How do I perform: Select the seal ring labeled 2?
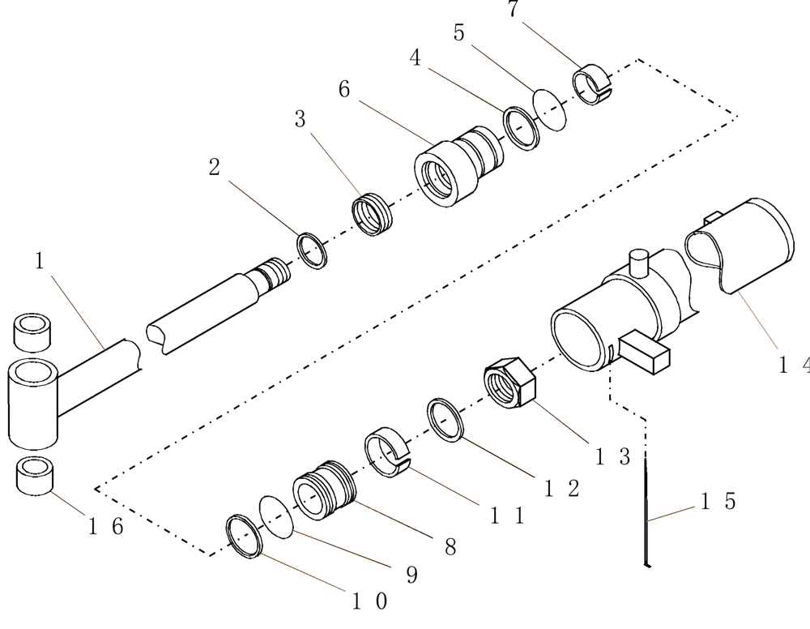[x=313, y=251]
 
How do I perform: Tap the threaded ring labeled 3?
[x=373, y=214]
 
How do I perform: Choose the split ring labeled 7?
[x=593, y=84]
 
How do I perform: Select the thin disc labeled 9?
[x=275, y=516]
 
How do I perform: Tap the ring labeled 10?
[x=244, y=536]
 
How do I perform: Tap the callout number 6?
[x=343, y=89]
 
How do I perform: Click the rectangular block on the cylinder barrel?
[x=646, y=353]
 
